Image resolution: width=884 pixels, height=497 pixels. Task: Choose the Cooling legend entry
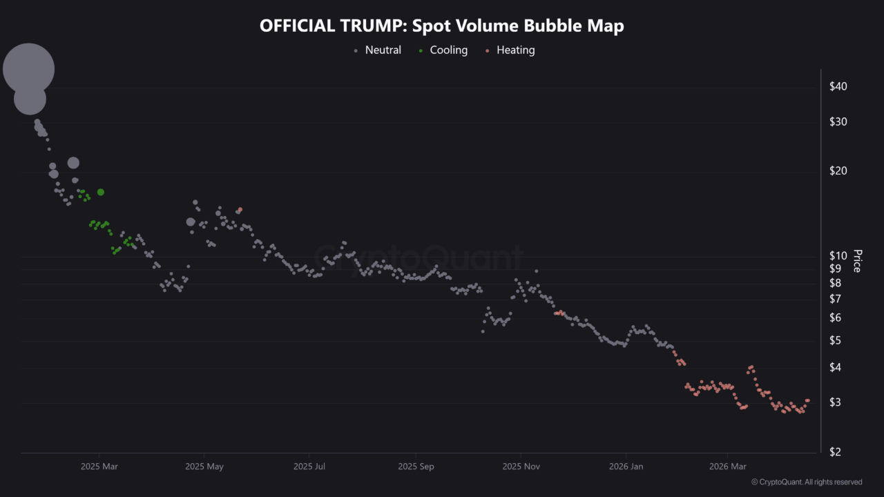tap(448, 50)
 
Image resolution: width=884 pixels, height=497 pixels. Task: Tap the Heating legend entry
tap(515, 50)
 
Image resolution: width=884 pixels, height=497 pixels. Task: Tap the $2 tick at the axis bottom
tap(836, 452)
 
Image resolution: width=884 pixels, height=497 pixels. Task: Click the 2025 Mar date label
tap(99, 467)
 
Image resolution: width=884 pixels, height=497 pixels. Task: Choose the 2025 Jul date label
tap(309, 467)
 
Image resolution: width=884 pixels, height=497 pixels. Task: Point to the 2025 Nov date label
tap(521, 467)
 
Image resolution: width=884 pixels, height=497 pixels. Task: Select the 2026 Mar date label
tap(729, 467)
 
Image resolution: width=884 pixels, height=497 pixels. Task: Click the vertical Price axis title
tap(857, 261)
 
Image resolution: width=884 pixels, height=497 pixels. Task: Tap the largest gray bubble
tap(28, 68)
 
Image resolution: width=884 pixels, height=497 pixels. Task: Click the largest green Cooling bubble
tap(101, 192)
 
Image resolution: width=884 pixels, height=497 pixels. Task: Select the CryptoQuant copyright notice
tap(806, 482)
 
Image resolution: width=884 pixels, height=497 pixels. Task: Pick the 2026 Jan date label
tap(626, 467)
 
